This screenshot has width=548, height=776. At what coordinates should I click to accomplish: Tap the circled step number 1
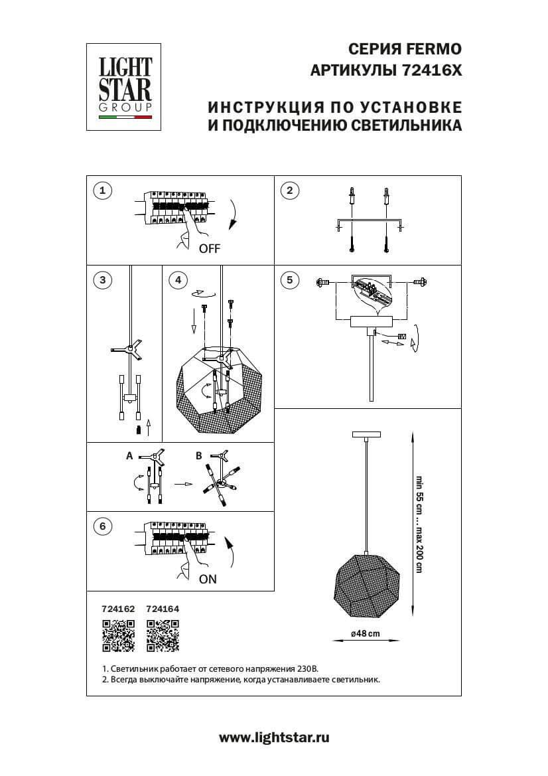pos(102,191)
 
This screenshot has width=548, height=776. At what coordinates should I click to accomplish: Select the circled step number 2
pos(289,191)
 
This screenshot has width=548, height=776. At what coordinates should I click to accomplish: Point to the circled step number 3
pos(102,280)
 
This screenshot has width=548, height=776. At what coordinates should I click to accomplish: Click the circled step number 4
pos(177,280)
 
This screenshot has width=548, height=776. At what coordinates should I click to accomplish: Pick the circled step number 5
pos(289,280)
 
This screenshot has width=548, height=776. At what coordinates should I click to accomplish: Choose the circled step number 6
pos(102,527)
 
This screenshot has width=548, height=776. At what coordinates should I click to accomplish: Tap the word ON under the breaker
pos(208,578)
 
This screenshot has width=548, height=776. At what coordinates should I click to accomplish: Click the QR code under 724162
pos(118,635)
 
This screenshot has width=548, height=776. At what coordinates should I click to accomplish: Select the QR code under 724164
pos(163,635)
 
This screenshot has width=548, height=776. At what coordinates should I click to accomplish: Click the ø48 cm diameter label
pos(366,634)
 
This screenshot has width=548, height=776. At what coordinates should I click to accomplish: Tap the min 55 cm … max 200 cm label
pos(419,523)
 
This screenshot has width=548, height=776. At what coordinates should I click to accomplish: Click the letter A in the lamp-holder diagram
pos(130,456)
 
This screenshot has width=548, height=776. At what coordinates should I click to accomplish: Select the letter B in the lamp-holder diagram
pos(198,456)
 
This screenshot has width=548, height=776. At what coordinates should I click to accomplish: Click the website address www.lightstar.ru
pos(274,737)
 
